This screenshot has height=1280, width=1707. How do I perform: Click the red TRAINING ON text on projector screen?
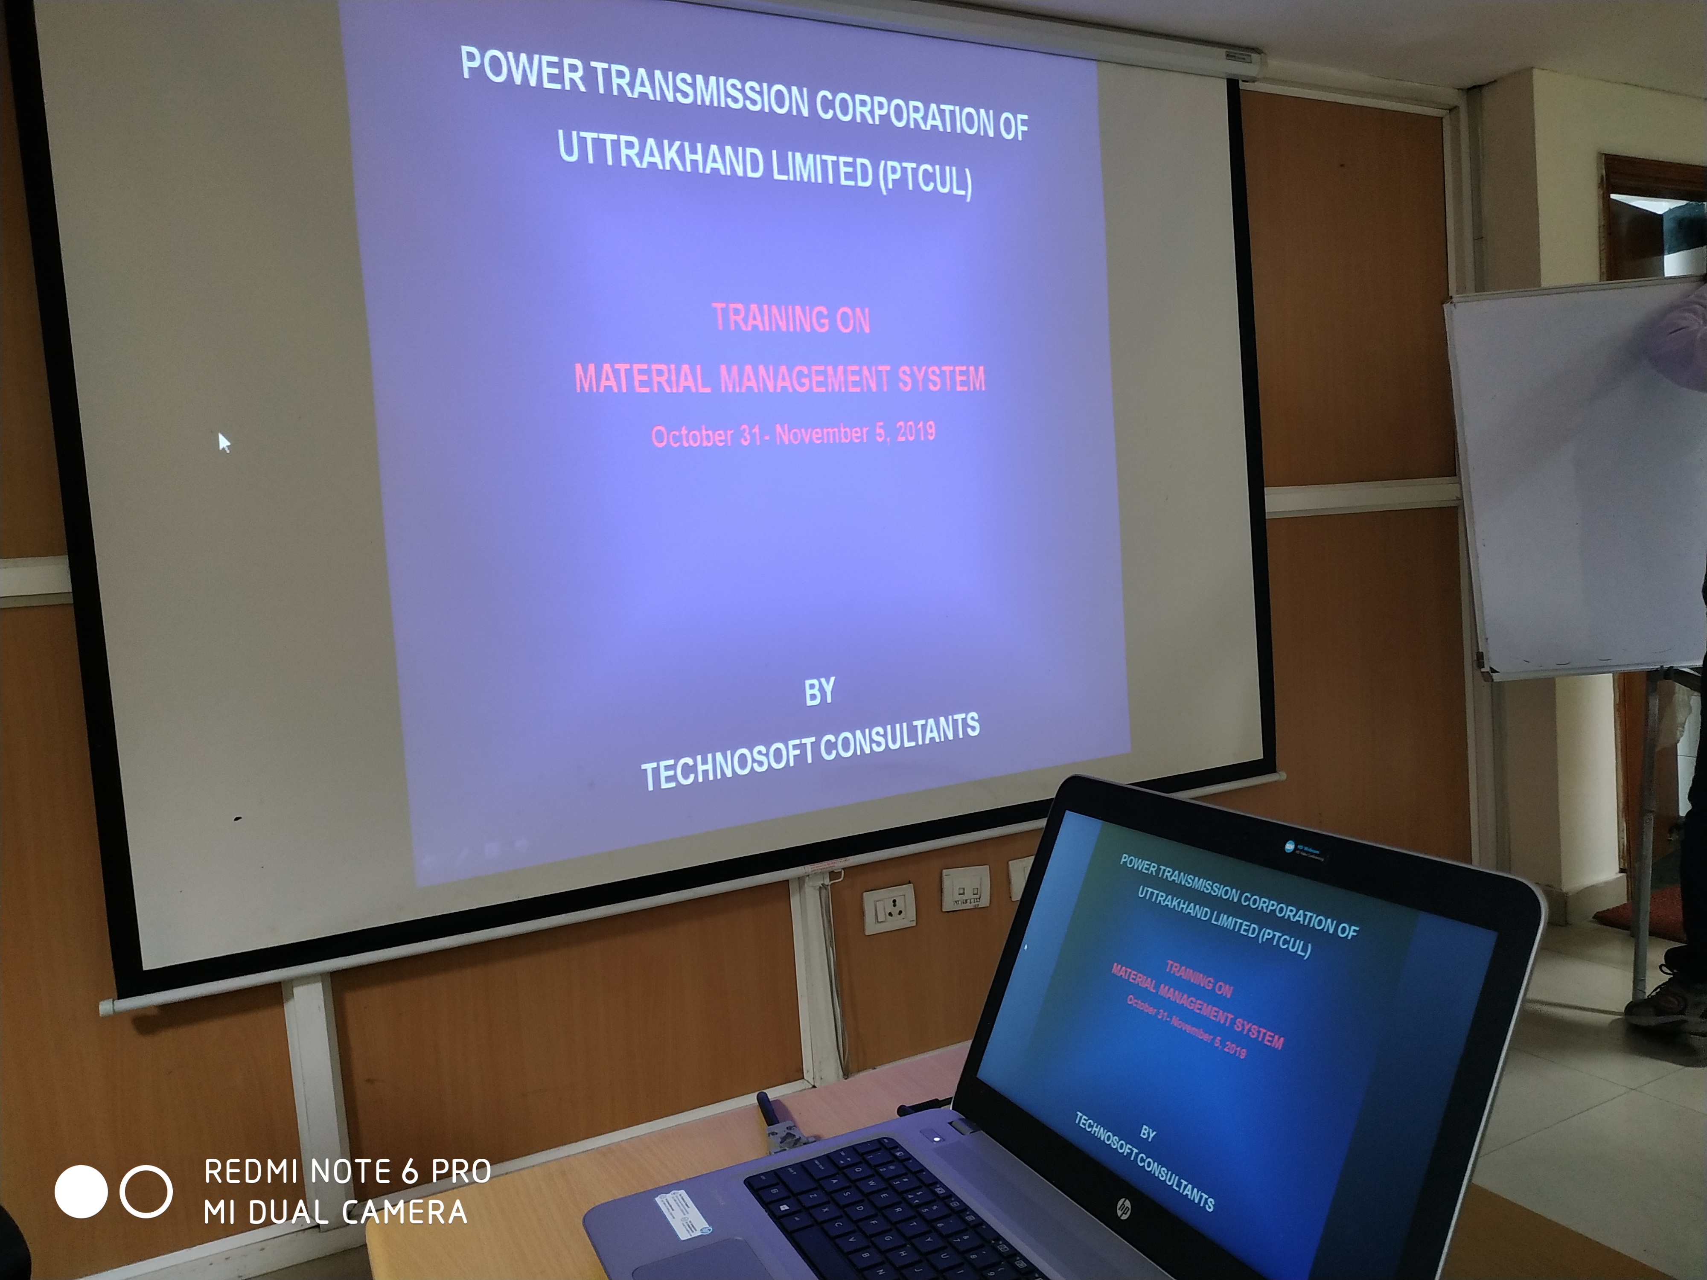point(791,319)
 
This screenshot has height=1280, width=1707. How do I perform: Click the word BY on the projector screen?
point(819,692)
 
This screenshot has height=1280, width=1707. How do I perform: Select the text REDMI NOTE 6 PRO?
point(347,1171)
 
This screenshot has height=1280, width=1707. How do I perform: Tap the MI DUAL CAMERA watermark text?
point(336,1212)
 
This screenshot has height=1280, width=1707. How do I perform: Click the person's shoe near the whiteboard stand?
point(1667,1003)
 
